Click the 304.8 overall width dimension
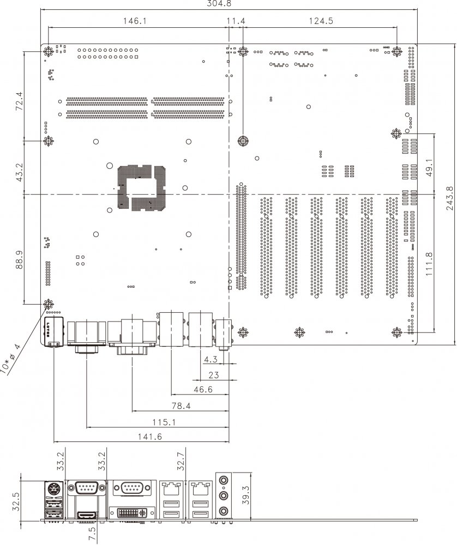point(219,3)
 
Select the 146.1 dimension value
point(135,21)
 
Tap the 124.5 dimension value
point(321,21)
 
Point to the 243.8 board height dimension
point(450,198)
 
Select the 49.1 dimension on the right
point(429,168)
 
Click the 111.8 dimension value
point(429,264)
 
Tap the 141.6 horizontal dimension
point(150,437)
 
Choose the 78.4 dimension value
point(181,405)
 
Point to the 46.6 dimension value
point(203,389)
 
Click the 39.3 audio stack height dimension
point(245,495)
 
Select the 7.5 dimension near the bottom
point(92,534)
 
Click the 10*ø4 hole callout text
point(10,358)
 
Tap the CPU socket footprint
point(142,188)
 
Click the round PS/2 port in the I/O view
point(53,490)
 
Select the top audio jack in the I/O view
point(224,481)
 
